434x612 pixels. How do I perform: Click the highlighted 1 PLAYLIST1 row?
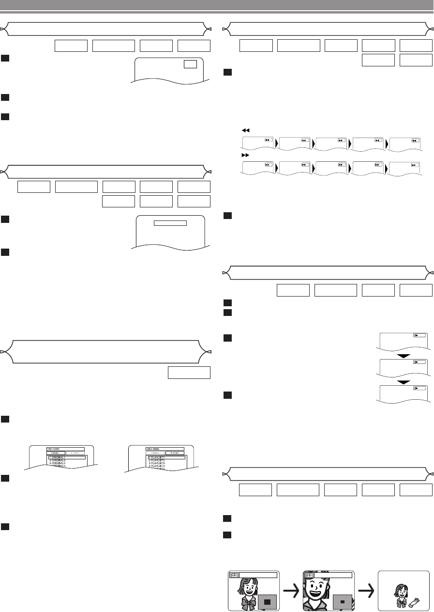click(166, 457)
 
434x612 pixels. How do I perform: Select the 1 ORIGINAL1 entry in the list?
click(67, 457)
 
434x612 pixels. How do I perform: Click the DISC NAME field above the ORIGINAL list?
click(66, 449)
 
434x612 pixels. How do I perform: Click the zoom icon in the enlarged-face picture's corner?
click(308, 575)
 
